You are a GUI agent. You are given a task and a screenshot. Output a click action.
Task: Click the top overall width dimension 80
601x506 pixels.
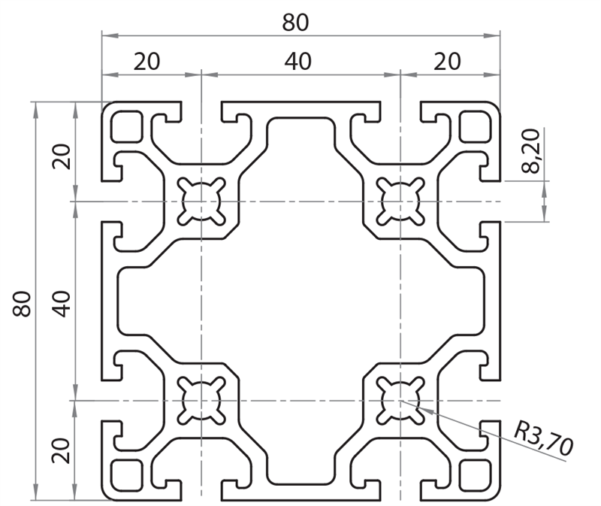click(x=295, y=23)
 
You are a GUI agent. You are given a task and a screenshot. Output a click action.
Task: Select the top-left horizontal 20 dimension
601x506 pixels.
click(x=147, y=62)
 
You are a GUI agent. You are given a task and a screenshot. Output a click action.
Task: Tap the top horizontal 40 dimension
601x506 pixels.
click(x=298, y=62)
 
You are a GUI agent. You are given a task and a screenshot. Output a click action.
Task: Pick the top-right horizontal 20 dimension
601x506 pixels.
click(x=448, y=62)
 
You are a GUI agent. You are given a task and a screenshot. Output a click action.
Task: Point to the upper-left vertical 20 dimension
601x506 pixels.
click(x=63, y=156)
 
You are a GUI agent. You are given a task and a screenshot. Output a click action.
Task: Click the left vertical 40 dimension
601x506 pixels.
click(x=63, y=301)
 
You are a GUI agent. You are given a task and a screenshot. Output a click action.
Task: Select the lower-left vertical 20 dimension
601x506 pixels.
click(x=63, y=449)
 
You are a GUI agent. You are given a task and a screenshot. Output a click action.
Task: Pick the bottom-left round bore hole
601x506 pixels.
click(x=201, y=399)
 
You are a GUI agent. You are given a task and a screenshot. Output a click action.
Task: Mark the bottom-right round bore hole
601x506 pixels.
click(x=400, y=399)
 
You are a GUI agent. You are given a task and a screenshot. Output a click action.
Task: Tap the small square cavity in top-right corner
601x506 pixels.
click(x=474, y=126)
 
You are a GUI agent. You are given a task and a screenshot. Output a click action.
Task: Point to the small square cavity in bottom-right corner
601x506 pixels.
click(x=474, y=474)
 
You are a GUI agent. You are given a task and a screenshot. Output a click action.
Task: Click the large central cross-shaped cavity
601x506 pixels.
click(x=300, y=301)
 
